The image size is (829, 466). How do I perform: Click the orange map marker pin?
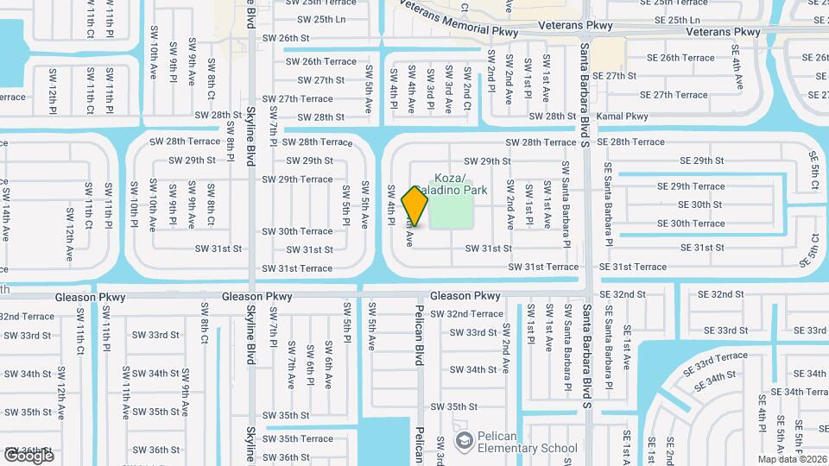click(x=415, y=205)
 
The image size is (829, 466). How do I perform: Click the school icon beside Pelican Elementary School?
click(x=464, y=441)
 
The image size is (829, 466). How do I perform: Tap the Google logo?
click(x=28, y=455)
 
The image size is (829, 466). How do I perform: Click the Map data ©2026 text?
click(x=792, y=458)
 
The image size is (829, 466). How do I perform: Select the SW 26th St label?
click(x=286, y=39)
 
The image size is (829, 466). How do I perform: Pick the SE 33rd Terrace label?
click(x=716, y=362)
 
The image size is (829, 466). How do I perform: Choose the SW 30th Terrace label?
click(x=298, y=231)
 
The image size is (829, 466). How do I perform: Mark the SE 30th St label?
click(x=700, y=205)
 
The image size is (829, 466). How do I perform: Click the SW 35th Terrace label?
click(x=299, y=439)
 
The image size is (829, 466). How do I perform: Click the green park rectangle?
click(x=452, y=212)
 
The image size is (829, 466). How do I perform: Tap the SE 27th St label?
click(x=615, y=76)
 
